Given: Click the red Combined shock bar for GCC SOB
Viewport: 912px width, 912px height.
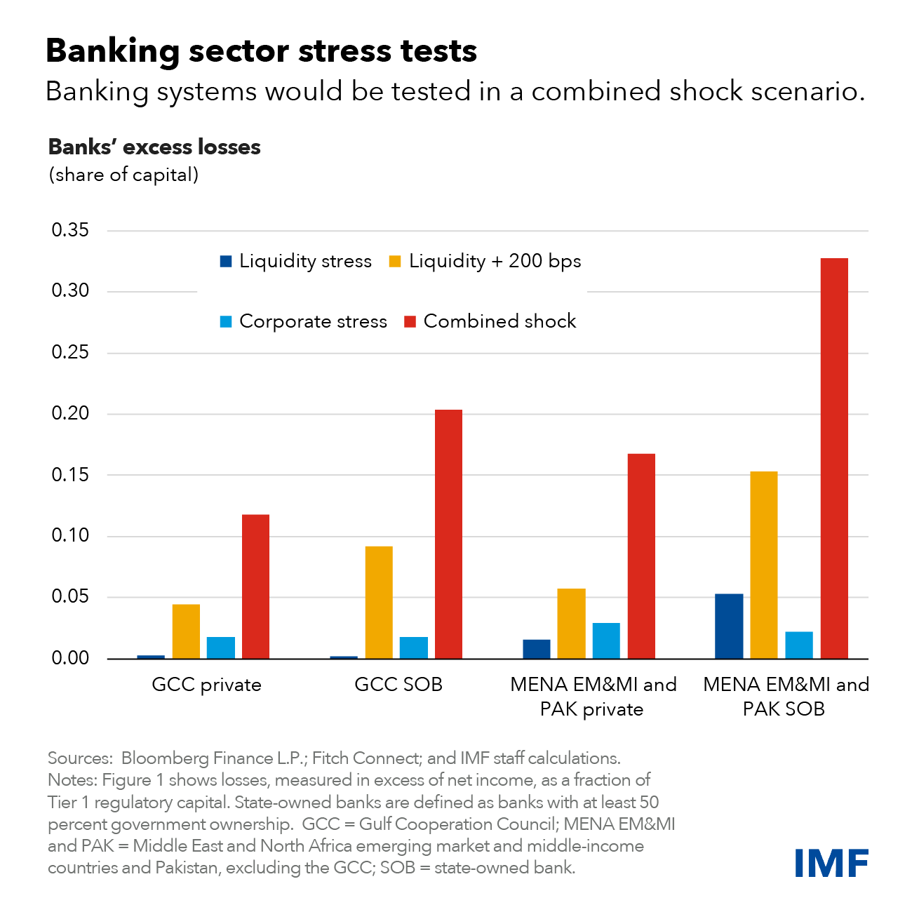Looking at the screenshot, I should (448, 534).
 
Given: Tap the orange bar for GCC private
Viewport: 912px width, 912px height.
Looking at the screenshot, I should (186, 631).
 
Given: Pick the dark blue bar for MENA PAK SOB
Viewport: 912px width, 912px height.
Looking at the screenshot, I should (729, 626).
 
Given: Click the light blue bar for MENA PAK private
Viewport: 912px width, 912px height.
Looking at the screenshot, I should (606, 641).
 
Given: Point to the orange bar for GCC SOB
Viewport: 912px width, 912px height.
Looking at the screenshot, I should (379, 602).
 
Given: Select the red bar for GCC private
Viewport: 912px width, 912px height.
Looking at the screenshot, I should (255, 586).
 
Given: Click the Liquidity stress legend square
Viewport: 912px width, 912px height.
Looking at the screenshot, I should (225, 262).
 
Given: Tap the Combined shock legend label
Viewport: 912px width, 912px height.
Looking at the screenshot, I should (499, 321).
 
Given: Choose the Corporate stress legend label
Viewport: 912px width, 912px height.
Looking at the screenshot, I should (313, 321).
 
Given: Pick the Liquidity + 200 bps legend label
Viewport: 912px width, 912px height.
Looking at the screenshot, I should (495, 261).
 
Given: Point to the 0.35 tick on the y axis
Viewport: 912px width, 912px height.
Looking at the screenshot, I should (70, 230).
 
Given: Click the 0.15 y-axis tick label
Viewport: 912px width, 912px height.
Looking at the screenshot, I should (70, 475).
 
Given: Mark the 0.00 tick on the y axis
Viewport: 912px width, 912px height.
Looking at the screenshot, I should (70, 658).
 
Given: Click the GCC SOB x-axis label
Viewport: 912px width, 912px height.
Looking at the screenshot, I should (398, 685).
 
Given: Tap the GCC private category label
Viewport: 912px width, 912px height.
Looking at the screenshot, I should (206, 685).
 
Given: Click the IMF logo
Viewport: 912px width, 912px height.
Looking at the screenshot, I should (831, 862).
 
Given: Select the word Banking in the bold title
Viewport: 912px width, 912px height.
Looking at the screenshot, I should (113, 51).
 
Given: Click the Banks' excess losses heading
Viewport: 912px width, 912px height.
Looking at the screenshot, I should (154, 147).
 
